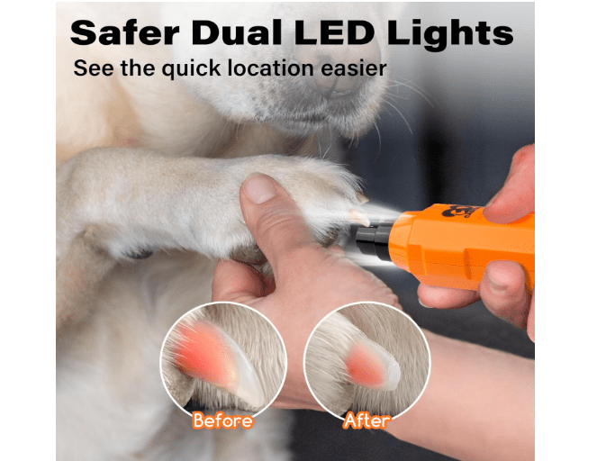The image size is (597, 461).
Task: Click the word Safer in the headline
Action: pos(124,32)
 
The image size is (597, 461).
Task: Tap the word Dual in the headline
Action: pos(236,32)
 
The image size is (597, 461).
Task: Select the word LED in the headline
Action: pos(334,32)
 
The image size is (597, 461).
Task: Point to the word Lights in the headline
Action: pos(450,34)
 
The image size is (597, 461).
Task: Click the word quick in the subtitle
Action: pos(191,69)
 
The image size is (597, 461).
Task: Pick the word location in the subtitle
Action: pos(271,68)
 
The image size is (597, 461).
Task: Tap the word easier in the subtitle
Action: pos(354,68)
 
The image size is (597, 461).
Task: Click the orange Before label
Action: pos(222,420)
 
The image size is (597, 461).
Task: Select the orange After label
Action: pos(366,420)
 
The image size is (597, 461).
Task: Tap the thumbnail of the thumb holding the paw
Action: pos(259,188)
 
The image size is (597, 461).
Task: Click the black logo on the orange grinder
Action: pos(462,212)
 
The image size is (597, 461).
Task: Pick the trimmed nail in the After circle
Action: pos(373,366)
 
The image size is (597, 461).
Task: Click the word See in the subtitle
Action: pos(94,68)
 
